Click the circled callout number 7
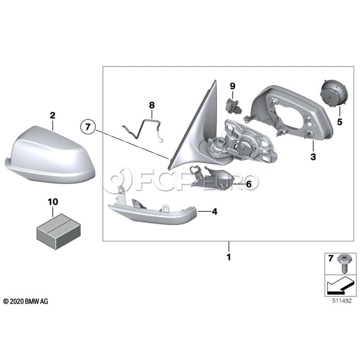click(x=88, y=126)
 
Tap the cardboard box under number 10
click(x=59, y=231)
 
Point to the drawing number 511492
click(x=342, y=301)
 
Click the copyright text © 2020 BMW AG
click(x=26, y=301)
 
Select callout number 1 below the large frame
click(x=229, y=257)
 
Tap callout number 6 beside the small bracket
click(x=249, y=184)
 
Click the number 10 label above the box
click(x=53, y=202)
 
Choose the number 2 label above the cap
click(x=53, y=115)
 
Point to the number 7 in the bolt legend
click(x=330, y=258)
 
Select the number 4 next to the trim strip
click(x=214, y=212)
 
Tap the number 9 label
click(x=232, y=86)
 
